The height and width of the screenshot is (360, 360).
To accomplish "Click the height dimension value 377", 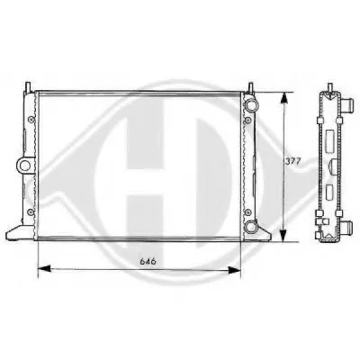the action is pos(292,161).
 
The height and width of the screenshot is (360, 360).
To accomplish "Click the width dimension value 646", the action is pos(148,261).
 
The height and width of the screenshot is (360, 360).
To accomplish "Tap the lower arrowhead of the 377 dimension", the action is pos(283,235).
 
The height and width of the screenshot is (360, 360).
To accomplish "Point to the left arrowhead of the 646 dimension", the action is pos(44,268).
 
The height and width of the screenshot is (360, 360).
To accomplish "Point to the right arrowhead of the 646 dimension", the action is pos(235,270).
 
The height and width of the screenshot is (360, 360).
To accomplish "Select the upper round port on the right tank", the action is pos(251,104).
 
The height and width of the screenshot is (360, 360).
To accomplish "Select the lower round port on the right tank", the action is pos(251,226).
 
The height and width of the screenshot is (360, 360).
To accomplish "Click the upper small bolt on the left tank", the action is pos(30,120).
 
